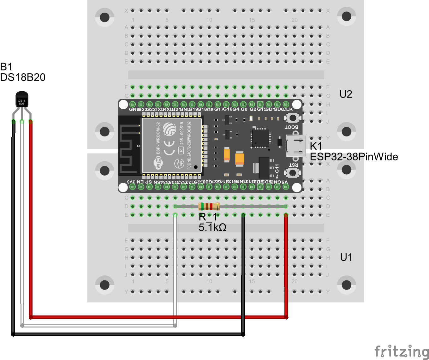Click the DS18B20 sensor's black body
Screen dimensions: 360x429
coord(22,100)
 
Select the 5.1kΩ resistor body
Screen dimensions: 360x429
coord(209,207)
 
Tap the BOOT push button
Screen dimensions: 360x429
coord(293,118)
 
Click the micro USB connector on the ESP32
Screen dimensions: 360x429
coord(296,146)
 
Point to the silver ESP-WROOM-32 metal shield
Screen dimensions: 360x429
coord(172,146)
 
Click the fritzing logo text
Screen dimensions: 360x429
coord(402,351)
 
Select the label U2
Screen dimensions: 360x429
coord(346,94)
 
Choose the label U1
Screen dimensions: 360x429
coord(346,257)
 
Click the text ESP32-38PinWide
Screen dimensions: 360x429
coord(354,157)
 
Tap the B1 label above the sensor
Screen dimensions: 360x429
coord(6,67)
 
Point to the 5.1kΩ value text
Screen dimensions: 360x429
coord(212,227)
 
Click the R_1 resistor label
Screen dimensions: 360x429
coord(208,217)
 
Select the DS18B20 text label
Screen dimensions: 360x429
coord(23,77)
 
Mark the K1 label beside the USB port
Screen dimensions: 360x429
coord(316,146)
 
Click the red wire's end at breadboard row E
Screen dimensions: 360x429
coord(286,215)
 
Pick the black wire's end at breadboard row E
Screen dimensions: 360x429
coord(243,215)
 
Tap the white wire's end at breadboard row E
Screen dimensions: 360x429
coord(175,215)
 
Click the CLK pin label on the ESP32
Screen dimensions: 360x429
coord(288,109)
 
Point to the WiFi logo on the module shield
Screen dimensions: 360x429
coord(158,163)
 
